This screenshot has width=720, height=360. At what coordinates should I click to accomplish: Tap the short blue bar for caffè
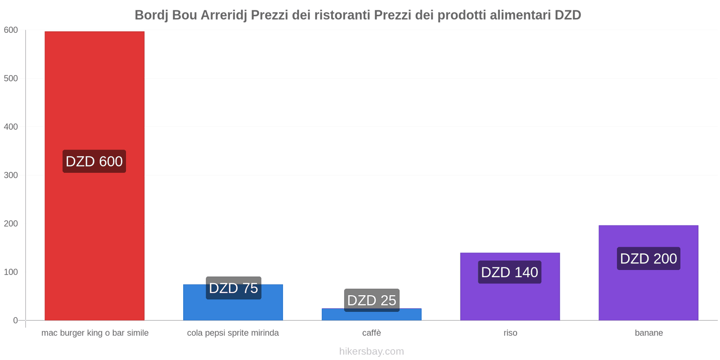[x=372, y=315]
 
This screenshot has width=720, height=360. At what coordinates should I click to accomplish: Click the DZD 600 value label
[x=94, y=161]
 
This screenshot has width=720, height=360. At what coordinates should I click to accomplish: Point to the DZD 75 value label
[x=234, y=288]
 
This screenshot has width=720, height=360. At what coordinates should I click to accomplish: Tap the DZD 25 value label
[x=372, y=300]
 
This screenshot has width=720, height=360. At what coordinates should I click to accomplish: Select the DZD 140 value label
[x=509, y=272]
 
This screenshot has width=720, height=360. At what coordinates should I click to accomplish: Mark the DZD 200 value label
[x=648, y=259]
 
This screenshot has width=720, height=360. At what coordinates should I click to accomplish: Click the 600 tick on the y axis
[x=11, y=30]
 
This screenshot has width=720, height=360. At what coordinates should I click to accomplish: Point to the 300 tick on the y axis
[x=11, y=175]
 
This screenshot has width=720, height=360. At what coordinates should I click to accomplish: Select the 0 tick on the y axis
[x=15, y=320]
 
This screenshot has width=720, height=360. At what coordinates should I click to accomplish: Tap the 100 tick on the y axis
[x=11, y=272]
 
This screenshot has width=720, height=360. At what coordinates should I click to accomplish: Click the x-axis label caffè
[x=372, y=333]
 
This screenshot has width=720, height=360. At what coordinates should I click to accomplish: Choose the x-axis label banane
[x=648, y=333]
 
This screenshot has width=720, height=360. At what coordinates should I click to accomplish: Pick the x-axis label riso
[x=510, y=333]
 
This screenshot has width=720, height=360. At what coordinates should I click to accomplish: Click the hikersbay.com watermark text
[x=372, y=351]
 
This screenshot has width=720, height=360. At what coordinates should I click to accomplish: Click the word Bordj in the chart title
[x=152, y=15]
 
